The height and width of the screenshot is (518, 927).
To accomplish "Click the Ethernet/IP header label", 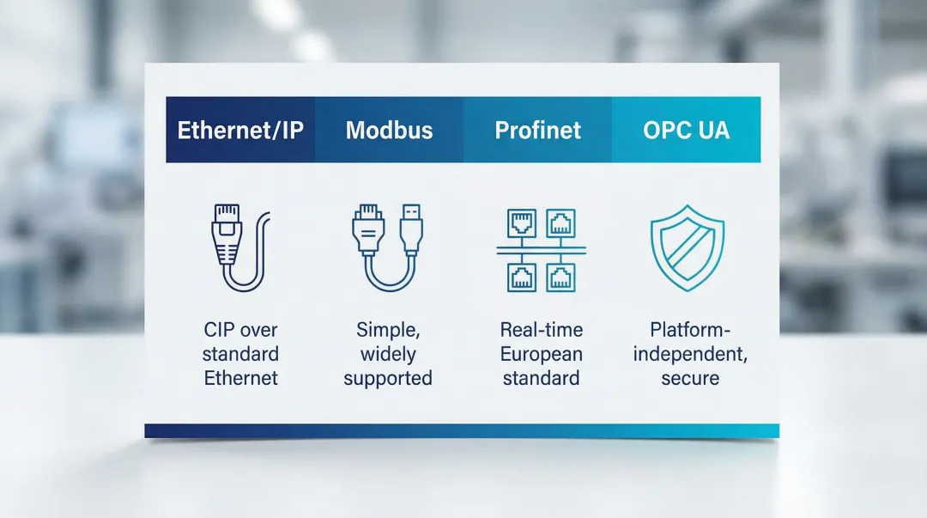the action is pos(240,131).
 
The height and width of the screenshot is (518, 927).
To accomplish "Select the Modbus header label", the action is pos(389,131).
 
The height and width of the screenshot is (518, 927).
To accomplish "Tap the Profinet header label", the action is pos(538,131).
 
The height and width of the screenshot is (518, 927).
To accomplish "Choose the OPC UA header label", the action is pos(687,131).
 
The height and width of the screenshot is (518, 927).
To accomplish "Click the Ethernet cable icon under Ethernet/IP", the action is pos(239,247).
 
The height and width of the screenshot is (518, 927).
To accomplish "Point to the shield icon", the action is pos(687,248).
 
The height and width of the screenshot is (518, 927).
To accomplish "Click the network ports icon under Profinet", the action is pos(541,250).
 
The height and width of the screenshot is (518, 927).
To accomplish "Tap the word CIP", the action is pos(220,330).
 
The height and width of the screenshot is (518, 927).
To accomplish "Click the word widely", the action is pos(388,354).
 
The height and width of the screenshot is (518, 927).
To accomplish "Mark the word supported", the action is pos(388,378).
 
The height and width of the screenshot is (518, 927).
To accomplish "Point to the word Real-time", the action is pos(542,330).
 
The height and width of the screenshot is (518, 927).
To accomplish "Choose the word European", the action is pos(542,354).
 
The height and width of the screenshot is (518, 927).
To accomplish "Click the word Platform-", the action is pos(690,330).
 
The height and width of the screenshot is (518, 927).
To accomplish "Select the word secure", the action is pos(690,378).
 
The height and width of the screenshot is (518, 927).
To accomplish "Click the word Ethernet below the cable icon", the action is pos(240,378).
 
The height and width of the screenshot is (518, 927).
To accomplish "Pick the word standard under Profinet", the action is pos(541,378).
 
